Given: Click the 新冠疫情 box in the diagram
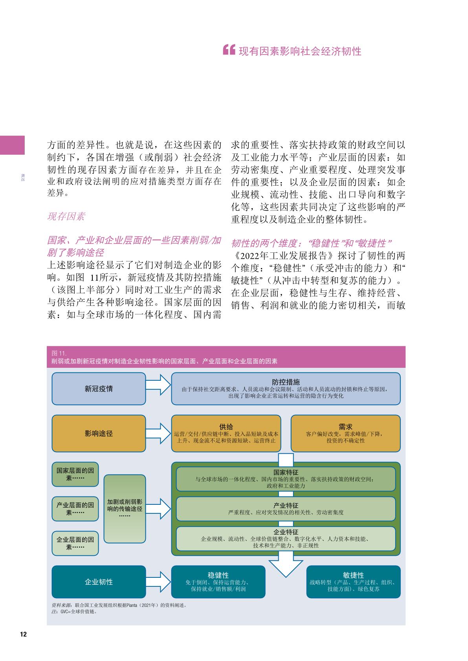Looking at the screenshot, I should coord(99,389).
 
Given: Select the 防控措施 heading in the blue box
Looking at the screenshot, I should coord(286,382).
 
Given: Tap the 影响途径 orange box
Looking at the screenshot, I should coord(99,433).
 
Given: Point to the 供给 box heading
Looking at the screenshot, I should coord(226,427).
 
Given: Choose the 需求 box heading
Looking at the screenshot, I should coord(345,427).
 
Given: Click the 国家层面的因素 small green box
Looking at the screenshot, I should coord(75,474).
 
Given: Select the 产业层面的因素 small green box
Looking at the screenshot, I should coord(75,509).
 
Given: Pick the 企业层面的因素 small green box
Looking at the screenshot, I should coord(75,543).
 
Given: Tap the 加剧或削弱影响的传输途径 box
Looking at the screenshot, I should coord(125,509).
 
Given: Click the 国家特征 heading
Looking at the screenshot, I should coord(286,473).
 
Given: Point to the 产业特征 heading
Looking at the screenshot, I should coord(286,506).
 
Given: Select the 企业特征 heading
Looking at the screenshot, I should coord(286,532).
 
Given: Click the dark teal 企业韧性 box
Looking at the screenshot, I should coord(99,582).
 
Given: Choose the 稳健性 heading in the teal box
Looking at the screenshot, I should coord(218,575).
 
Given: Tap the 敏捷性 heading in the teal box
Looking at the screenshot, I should coord(353,575).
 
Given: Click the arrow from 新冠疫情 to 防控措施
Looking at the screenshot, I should coord(158,385).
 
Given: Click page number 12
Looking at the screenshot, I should coord(24,634).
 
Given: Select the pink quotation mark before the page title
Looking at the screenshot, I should coord(229,50).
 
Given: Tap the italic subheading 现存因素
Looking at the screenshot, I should coord(66,216).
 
